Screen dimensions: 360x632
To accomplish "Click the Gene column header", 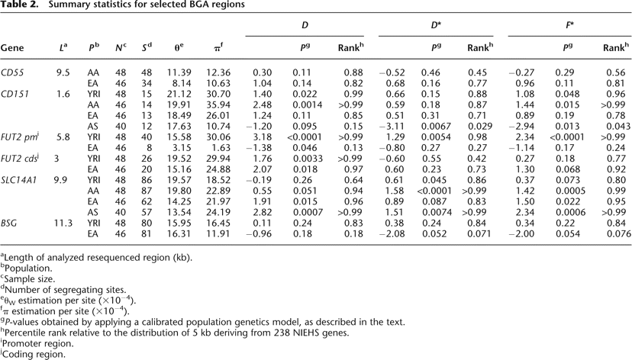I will pyautogui.click(x=12, y=47).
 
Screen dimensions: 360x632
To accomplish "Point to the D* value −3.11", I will pyautogui.click(x=392, y=128).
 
